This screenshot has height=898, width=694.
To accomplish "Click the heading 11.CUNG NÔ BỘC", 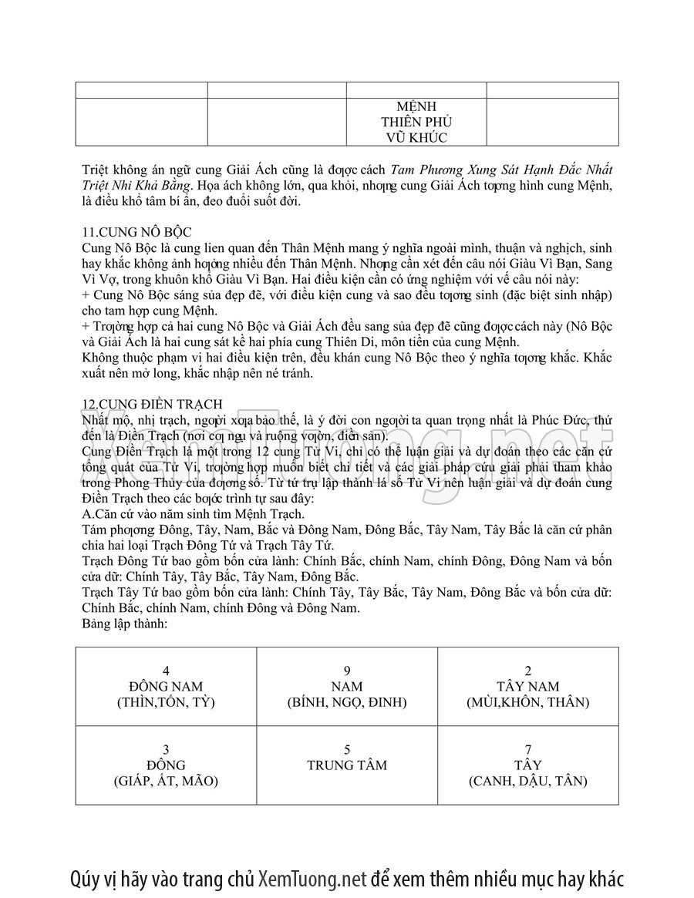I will pos(137,232).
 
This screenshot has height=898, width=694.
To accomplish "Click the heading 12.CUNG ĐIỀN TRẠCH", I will pos(152,404).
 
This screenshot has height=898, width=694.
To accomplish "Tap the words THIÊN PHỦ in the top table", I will pos(416,122).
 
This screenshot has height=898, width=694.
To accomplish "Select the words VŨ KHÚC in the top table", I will pos(416,137).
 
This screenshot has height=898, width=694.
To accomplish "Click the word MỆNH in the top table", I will pos(416,106).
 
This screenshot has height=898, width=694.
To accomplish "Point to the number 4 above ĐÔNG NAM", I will pos(166,671).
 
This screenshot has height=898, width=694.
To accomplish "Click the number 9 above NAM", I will pos(347,671).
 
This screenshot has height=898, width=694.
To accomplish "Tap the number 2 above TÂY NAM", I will pos(527,671).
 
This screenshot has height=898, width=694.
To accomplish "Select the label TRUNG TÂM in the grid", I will pos(347,765).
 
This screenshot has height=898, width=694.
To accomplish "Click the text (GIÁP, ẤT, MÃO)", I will pos(166,781).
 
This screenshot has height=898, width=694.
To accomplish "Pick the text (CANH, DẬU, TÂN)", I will pos(527,781).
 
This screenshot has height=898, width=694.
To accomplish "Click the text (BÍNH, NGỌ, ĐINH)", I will pos(347,702).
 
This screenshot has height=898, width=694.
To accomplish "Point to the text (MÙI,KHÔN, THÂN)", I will pos(527,702).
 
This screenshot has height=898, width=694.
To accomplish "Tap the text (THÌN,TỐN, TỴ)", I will pos(166,702).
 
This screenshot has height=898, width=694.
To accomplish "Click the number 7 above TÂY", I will pos(527,749).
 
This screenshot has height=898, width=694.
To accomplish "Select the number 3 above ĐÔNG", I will pos(166,749).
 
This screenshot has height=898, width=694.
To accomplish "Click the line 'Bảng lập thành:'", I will pos(123,621).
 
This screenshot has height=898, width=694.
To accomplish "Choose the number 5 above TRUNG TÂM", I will pos(347,749).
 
